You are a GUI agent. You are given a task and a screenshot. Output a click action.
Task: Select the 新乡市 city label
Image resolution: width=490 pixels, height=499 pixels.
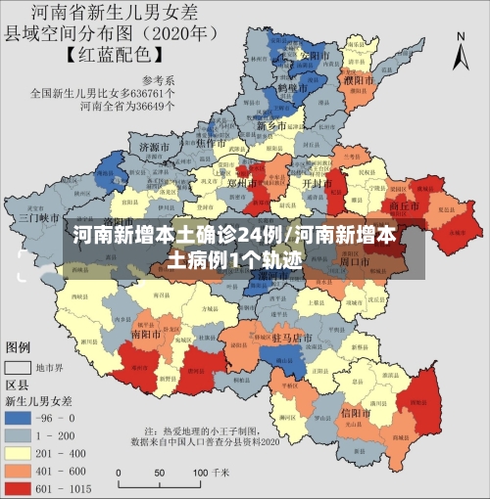click(270, 125)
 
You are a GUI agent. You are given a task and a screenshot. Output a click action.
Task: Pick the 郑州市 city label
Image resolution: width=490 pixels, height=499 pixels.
click(242, 182)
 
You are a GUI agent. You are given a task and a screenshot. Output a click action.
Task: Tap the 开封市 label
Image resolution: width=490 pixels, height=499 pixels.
click(314, 183)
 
